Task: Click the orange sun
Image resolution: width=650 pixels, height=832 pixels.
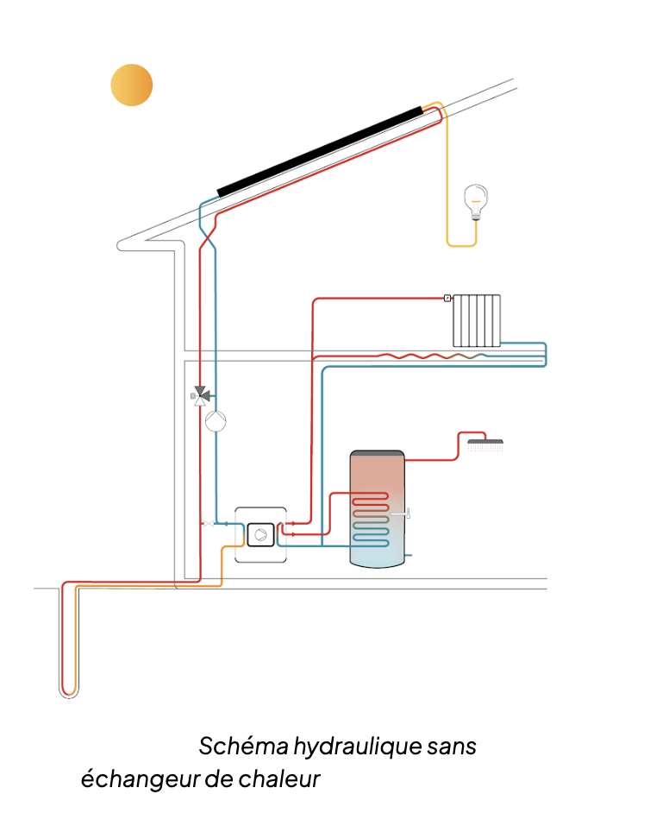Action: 132,85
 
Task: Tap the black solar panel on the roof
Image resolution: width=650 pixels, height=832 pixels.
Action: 320,150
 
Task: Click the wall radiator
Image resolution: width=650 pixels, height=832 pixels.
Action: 477,319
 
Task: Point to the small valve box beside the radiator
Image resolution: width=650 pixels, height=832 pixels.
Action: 447,298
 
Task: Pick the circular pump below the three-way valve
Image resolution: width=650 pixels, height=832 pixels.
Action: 216,420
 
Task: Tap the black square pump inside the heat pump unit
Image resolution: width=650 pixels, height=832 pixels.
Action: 259,535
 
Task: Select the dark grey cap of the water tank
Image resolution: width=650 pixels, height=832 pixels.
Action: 377,453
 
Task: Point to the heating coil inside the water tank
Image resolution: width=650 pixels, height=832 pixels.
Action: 371,518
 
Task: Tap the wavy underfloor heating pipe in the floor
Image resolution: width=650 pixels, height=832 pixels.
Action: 431,355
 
